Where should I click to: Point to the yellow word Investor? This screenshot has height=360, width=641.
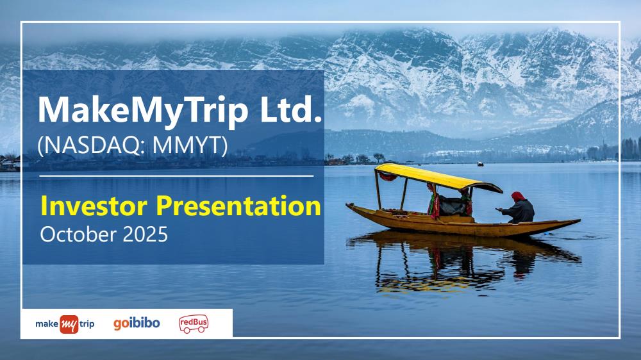pyautogui.click(x=94, y=206)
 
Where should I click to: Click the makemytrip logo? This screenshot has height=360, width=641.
pyautogui.click(x=65, y=324)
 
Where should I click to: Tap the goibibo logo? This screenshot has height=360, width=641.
pyautogui.click(x=137, y=323)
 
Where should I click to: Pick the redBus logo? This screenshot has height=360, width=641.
pyautogui.click(x=194, y=323)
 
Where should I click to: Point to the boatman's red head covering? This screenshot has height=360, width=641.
pyautogui.click(x=518, y=197)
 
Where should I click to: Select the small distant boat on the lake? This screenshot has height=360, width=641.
pyautogui.click(x=480, y=164)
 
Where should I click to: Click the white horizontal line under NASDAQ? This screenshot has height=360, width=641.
pyautogui.click(x=176, y=176)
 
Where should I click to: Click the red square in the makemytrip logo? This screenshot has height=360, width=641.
pyautogui.click(x=69, y=325)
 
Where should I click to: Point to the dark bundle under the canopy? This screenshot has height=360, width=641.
pyautogui.click(x=452, y=206)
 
